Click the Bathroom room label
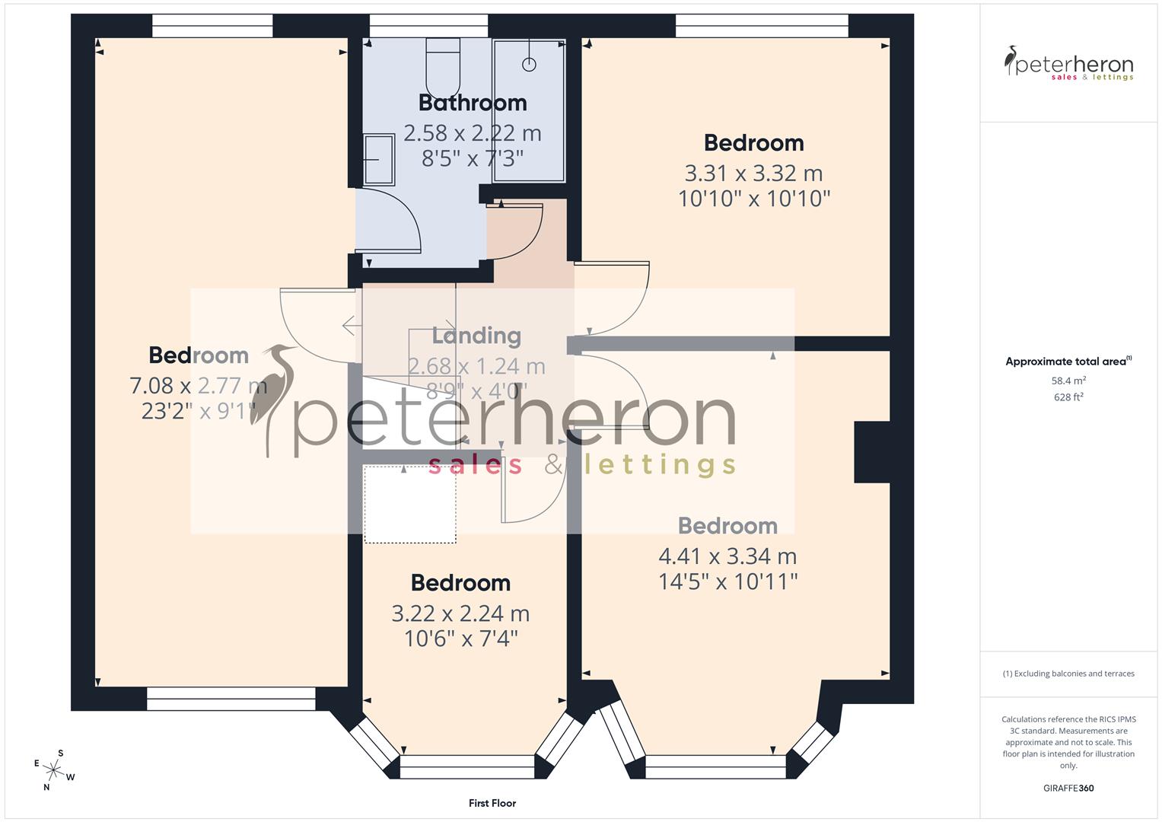[x=473, y=103]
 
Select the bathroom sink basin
[x=379, y=159]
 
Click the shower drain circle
[x=529, y=65]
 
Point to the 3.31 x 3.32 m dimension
[x=753, y=174]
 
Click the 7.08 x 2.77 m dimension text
[x=198, y=386]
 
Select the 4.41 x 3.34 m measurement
[x=727, y=556]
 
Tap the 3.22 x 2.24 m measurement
[x=460, y=613]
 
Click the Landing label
[x=476, y=336]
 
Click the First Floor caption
[x=492, y=803]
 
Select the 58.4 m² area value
[x=1068, y=381]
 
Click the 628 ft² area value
[x=1068, y=397]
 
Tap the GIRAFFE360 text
[x=1068, y=788]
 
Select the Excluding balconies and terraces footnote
[x=1068, y=674]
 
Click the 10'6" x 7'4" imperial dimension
[x=460, y=639]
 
